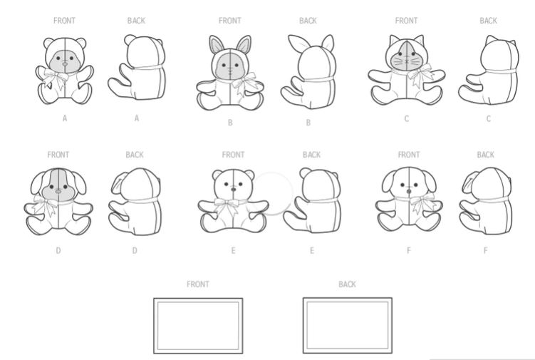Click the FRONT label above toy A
[64, 21]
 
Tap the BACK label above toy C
[488, 21]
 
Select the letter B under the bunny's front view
[230, 123]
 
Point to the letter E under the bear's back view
[311, 251]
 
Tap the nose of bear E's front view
[234, 189]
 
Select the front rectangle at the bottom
[198, 326]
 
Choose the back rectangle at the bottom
[348, 326]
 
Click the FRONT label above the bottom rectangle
[198, 284]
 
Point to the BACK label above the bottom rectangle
[347, 284]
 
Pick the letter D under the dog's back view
[135, 251]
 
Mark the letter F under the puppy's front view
[409, 251]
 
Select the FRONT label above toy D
[58, 155]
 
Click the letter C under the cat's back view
[488, 119]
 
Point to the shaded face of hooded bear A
[65, 61]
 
